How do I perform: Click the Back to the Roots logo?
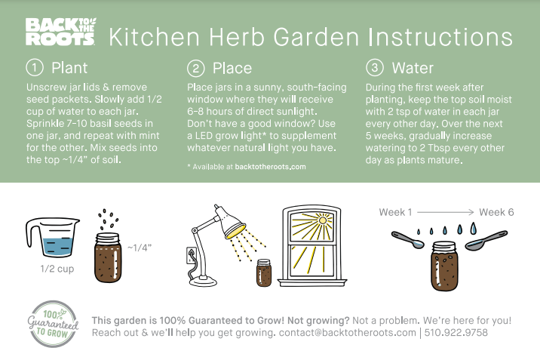click(60, 32)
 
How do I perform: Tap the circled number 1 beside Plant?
click(35, 67)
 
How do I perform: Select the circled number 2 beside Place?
click(195, 68)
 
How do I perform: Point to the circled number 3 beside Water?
click(375, 67)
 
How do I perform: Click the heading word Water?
click(413, 68)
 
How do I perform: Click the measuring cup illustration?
click(52, 237)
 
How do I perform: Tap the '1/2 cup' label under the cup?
click(57, 269)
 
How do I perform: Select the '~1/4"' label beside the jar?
click(140, 248)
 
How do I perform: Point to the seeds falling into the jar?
click(108, 219)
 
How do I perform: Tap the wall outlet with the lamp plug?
click(191, 255)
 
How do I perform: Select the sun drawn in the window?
click(323, 220)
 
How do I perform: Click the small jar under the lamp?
click(264, 273)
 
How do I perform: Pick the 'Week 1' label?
click(395, 212)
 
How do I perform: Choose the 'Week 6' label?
click(496, 212)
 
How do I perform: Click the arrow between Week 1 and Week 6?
click(446, 212)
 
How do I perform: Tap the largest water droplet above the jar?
click(474, 228)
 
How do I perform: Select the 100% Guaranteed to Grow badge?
click(53, 325)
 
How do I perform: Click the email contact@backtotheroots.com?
click(347, 333)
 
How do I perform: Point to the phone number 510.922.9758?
click(456, 333)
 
